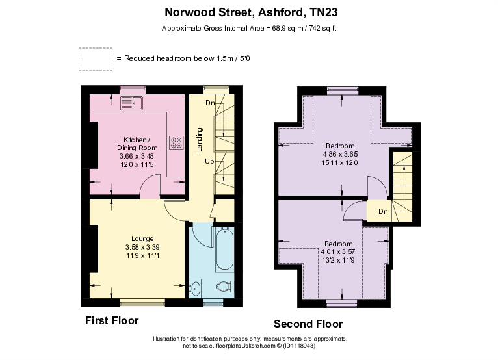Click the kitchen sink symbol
132,103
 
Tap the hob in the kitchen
176,142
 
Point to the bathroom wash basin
196,287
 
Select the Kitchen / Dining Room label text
137,144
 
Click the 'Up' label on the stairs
208,161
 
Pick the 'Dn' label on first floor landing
210,103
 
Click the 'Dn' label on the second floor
383,211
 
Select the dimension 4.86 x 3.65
340,155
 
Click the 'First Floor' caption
112,321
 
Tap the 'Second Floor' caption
308,324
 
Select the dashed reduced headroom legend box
94,58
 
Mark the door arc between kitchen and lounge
150,188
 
